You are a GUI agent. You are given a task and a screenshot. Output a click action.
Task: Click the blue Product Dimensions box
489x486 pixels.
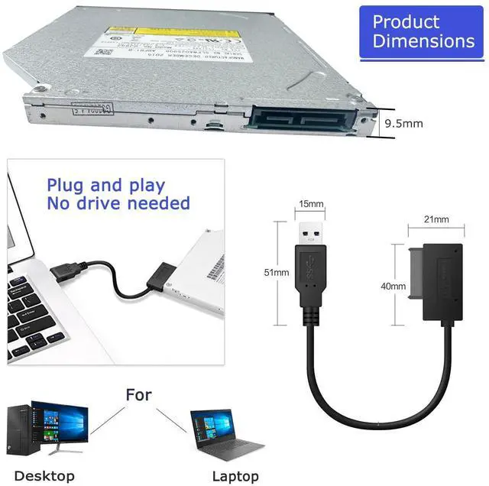tap(423, 31)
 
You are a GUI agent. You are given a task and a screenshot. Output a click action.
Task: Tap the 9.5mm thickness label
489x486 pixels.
tap(403, 123)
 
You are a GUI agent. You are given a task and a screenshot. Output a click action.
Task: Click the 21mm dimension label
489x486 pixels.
tap(436, 220)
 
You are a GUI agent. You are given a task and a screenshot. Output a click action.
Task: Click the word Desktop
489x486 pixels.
tap(44, 476)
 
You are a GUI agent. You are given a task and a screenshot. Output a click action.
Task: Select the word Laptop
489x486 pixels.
tap(235, 476)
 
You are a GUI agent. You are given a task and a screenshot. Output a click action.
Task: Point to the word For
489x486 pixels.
tap(138, 395)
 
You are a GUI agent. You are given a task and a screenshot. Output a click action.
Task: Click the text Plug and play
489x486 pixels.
tap(105, 185)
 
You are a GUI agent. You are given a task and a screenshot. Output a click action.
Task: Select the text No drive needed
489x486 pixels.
tap(118, 203)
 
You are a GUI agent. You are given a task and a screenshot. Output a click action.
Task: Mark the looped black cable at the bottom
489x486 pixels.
tap(359, 382)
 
